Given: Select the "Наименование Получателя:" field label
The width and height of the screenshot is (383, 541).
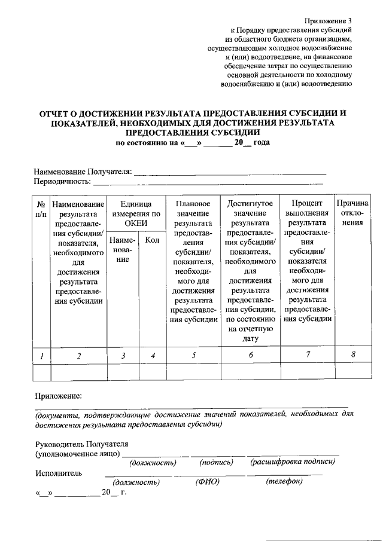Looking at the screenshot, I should click(x=82, y=172).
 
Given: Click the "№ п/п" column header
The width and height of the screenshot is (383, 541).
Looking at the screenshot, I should click(x=41, y=209).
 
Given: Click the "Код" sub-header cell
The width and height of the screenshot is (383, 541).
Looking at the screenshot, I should click(x=152, y=240).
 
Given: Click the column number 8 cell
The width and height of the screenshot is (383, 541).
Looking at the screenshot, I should click(x=352, y=356).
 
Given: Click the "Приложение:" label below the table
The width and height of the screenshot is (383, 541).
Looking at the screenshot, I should click(x=57, y=396).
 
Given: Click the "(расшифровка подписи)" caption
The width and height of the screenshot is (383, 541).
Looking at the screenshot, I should click(x=292, y=461).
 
